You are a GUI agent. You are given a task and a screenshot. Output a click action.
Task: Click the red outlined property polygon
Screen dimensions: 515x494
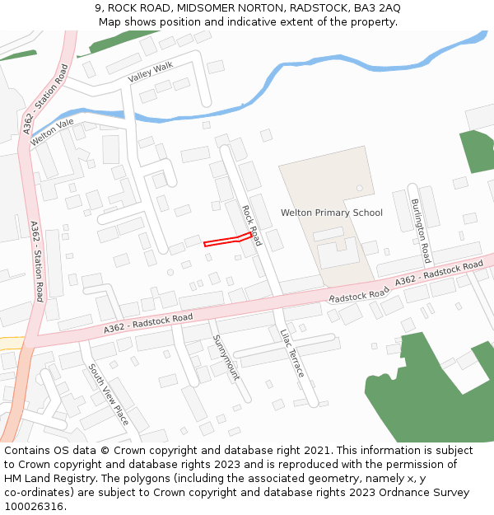click(x=227, y=240)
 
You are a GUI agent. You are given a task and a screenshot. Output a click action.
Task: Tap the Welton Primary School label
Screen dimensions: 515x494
click(x=332, y=213)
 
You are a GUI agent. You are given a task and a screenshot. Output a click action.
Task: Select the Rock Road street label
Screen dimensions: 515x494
click(x=251, y=226)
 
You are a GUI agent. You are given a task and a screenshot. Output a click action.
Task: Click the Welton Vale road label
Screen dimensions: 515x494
click(x=52, y=133)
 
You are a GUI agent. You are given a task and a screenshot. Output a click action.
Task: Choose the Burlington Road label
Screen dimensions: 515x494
click(x=421, y=225)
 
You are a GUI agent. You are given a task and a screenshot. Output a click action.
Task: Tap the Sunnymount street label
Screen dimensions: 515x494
click(x=226, y=357)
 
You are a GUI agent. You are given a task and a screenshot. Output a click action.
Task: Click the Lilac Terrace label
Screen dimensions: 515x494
click(x=292, y=353)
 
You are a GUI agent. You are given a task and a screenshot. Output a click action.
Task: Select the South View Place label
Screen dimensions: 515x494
click(x=108, y=395)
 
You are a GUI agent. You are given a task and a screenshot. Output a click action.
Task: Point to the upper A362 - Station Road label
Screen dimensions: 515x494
click(x=45, y=100)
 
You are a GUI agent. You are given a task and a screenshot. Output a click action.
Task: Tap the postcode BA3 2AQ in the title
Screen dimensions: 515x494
click(x=373, y=7)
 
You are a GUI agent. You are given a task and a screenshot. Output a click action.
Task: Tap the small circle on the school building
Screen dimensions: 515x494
click(x=359, y=188)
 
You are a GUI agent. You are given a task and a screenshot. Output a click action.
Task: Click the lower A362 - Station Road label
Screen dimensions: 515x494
click(x=35, y=260)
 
